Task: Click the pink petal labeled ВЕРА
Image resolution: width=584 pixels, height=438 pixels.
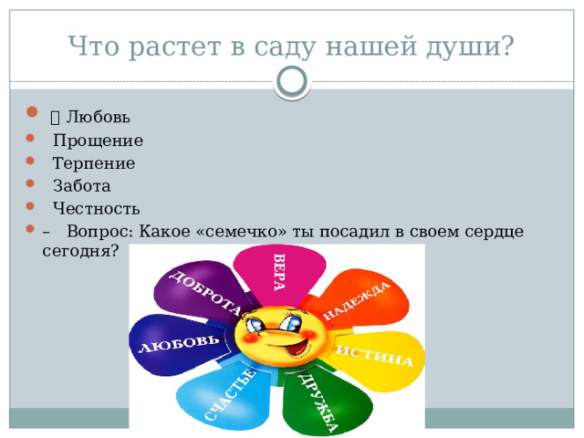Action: [x=278, y=272]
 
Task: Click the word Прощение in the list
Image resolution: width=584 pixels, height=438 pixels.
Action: [x=98, y=141]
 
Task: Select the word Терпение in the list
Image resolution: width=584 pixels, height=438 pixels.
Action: [x=94, y=163]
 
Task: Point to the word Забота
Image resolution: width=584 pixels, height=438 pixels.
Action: [x=81, y=186]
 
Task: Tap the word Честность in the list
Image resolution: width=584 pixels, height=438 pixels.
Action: [x=96, y=208]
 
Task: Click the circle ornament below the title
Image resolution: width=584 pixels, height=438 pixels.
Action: [x=291, y=81]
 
